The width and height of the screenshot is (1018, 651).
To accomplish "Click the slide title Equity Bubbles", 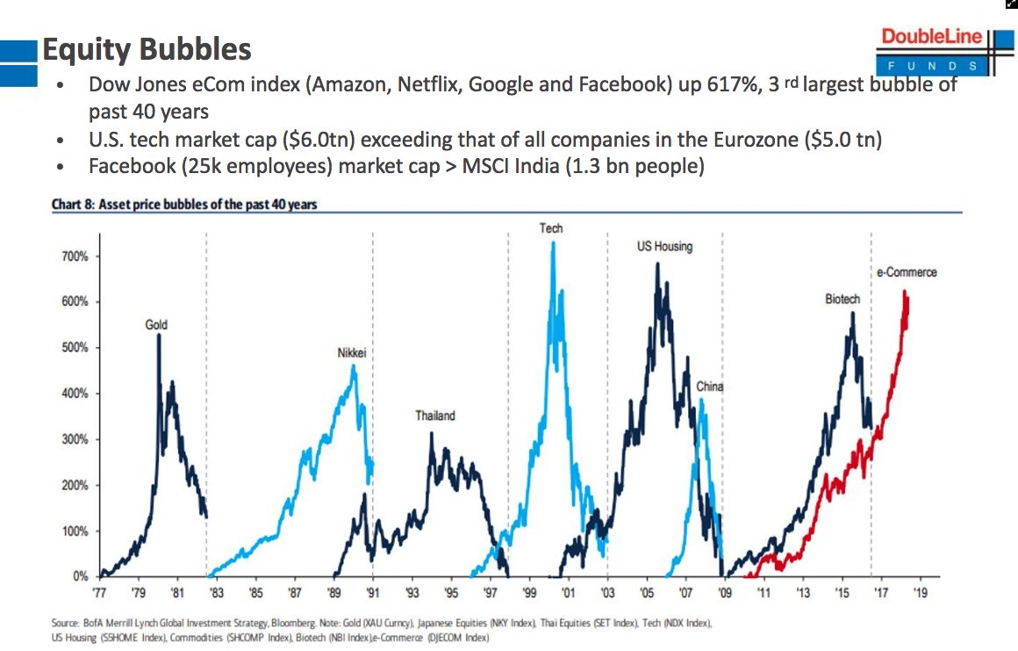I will [x=147, y=49].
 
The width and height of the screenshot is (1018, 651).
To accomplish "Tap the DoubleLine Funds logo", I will [x=938, y=50].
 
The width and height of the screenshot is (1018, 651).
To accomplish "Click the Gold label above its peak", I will [x=156, y=325].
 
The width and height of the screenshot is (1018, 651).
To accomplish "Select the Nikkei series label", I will [x=351, y=353].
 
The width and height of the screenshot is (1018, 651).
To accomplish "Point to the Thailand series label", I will [x=435, y=416].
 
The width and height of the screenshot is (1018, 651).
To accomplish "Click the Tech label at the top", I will [x=551, y=228].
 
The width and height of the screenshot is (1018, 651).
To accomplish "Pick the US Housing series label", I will [x=664, y=247].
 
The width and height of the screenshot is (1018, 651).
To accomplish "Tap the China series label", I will [x=710, y=387].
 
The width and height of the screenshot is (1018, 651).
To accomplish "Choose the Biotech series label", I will [x=842, y=300].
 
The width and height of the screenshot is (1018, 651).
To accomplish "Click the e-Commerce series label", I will [x=907, y=272].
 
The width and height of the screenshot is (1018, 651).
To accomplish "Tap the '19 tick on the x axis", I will [x=919, y=594].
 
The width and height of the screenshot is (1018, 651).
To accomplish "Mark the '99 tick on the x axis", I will [x=529, y=594].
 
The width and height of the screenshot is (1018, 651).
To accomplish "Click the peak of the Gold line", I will [x=159, y=335].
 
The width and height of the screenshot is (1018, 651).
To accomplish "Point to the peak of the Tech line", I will [x=553, y=242].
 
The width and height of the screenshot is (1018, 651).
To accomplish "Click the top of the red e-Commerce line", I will [x=904, y=292].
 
